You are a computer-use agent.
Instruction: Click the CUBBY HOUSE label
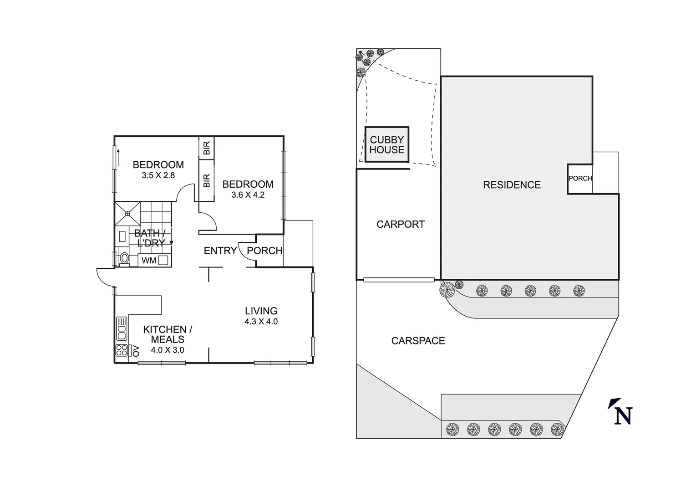pyautogui.click(x=386, y=145)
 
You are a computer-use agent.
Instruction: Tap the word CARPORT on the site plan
pyautogui.click(x=400, y=224)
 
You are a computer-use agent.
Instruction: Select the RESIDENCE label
pyautogui.click(x=512, y=184)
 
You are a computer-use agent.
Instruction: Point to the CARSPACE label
pyautogui.click(x=418, y=341)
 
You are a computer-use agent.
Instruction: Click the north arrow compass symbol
pyautogui.click(x=621, y=412)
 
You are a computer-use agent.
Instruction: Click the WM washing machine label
pyautogui.click(x=149, y=261)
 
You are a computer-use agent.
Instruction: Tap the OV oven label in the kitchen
pyautogui.click(x=135, y=350)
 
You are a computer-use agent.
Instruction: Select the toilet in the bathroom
pyautogui.click(x=123, y=259)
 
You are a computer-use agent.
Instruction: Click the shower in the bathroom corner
pyautogui.click(x=128, y=213)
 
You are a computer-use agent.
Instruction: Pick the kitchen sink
pyautogui.click(x=122, y=328)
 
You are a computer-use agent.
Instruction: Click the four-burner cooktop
pyautogui.click(x=122, y=350)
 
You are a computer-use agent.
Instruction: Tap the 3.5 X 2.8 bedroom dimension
pyautogui.click(x=158, y=175)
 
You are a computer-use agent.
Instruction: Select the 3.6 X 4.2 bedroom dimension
pyautogui.click(x=248, y=195)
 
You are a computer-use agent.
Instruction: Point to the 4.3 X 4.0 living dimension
pyautogui.click(x=261, y=321)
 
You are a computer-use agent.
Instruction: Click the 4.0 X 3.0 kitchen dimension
pyautogui.click(x=168, y=350)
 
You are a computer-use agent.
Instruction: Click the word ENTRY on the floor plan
pyautogui.click(x=220, y=251)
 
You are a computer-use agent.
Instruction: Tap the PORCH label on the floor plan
pyautogui.click(x=264, y=251)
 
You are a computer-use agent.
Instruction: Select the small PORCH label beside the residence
pyautogui.click(x=580, y=178)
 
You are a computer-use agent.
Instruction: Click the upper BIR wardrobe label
pyautogui.click(x=207, y=148)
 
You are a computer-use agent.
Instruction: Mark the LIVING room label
pyautogui.click(x=261, y=311)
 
